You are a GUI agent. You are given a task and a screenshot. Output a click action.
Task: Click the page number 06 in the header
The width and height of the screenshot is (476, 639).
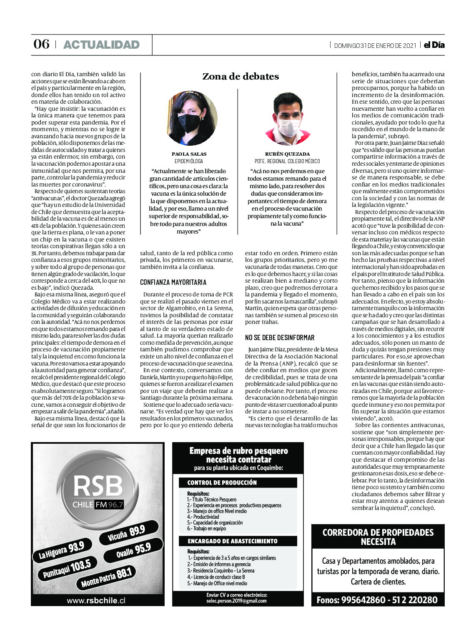[x=41, y=45]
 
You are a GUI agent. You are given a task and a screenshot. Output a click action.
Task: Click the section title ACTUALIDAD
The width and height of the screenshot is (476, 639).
[x=101, y=45]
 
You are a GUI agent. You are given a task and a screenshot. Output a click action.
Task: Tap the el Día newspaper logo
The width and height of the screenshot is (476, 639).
[x=434, y=45]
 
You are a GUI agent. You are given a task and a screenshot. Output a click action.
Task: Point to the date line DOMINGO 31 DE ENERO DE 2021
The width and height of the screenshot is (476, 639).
[x=375, y=46]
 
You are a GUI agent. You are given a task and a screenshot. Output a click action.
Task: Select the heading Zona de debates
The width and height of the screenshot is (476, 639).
[x=241, y=77]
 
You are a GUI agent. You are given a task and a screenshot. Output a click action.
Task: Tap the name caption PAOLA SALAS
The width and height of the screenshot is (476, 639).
[x=189, y=154]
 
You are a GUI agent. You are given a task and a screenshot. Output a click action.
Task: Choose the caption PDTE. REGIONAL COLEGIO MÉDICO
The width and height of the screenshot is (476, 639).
[x=287, y=161]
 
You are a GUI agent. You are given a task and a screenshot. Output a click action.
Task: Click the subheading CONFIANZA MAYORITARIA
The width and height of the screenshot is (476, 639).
[x=173, y=282]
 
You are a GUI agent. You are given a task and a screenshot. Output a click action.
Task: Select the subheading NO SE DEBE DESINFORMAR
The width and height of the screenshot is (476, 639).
[x=279, y=338]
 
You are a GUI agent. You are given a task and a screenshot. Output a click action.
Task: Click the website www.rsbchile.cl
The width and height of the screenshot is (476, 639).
[x=96, y=600]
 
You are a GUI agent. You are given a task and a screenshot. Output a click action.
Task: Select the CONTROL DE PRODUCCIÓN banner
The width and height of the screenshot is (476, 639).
[x=222, y=483]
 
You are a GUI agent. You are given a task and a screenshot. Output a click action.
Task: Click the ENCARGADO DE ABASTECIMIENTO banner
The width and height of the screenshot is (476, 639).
[x=232, y=541]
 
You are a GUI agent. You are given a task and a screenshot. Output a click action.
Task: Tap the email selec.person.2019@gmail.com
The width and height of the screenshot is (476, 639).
[x=236, y=601]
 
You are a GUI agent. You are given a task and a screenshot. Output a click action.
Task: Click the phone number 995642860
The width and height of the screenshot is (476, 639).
[x=363, y=600]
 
